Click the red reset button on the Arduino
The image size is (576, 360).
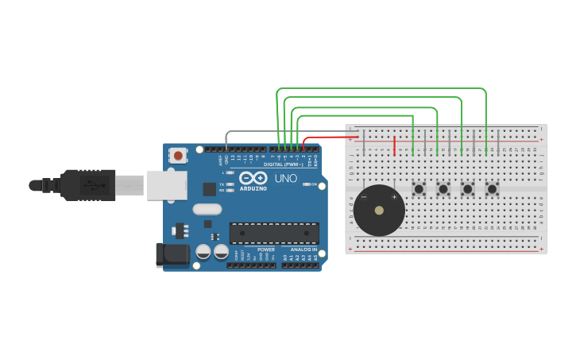pos(179,156)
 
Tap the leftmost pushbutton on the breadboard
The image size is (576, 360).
pos(419,189)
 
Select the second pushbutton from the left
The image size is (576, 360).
pos(443,189)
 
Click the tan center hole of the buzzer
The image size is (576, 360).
pos(379,211)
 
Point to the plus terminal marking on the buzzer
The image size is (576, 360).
pos(394,197)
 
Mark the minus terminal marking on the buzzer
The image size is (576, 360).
pos(364,196)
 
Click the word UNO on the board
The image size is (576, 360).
pos(285,179)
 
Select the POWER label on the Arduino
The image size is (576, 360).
pos(265,250)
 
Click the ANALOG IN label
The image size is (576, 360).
pos(303,250)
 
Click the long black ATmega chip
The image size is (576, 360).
pos(274,233)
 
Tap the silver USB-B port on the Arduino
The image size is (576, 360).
pos(168,185)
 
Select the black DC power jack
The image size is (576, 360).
pos(172,254)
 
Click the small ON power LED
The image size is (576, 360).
pos(306,184)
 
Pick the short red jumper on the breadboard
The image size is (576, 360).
pos(395,146)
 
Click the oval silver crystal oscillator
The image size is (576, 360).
pos(207,210)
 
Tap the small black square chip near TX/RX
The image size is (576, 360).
pos(210,188)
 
